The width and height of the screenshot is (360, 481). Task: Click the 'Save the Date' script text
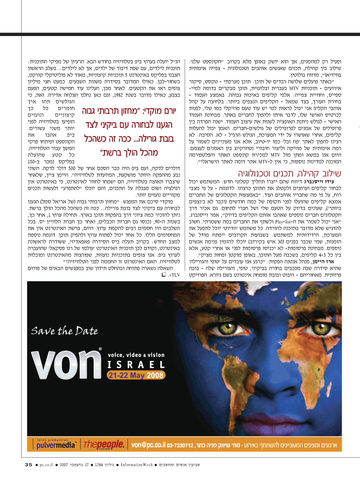click(65, 331)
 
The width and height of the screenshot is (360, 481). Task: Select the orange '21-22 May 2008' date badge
click(136, 375)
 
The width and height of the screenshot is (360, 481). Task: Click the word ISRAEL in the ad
click(136, 365)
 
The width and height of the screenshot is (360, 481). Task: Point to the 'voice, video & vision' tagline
click(136, 355)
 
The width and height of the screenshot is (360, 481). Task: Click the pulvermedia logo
click(56, 445)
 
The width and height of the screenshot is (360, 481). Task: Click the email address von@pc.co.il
click(148, 445)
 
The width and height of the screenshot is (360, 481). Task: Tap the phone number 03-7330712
click(180, 445)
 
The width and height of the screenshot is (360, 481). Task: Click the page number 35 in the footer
click(28, 465)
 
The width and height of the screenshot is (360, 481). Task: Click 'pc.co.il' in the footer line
click(48, 465)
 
